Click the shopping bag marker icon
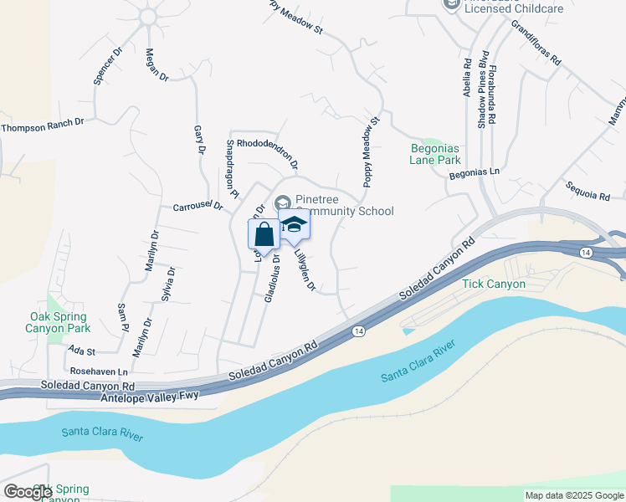tap(264, 236)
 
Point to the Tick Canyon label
tap(494, 284)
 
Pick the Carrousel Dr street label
tap(198, 205)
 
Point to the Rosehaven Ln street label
tap(100, 371)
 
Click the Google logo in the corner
tap(28, 491)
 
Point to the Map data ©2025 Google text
tap(574, 495)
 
